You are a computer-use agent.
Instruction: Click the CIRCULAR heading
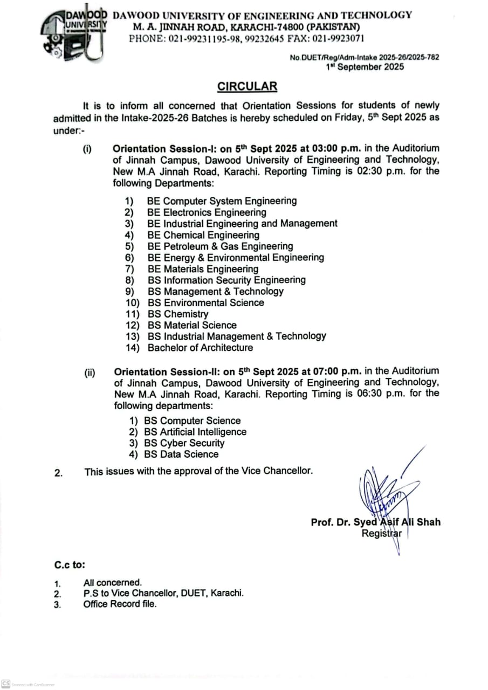coord(247,86)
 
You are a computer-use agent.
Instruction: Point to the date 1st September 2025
coord(365,67)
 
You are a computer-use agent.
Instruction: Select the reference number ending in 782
coord(365,57)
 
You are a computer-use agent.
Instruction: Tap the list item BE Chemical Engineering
coord(203,235)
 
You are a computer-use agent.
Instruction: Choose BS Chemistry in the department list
coord(178,314)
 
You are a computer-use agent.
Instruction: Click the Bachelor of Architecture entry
coord(200,348)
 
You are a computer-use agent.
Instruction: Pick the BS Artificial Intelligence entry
coord(195,432)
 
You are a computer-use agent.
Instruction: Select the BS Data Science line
coord(181,454)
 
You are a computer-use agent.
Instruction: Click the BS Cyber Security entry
coord(184,443)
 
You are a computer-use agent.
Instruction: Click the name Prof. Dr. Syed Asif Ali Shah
coord(375,522)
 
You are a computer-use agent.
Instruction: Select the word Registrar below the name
coord(382,534)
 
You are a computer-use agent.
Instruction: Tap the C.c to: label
coord(70,565)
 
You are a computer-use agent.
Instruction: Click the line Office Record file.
coord(120,604)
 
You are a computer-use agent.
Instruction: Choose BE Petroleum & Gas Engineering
coord(220,246)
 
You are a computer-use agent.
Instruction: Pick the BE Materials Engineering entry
coord(203,269)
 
